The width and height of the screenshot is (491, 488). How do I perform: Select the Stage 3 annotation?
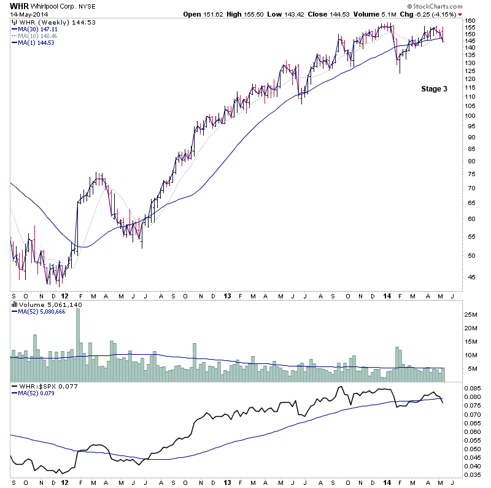tap(434, 89)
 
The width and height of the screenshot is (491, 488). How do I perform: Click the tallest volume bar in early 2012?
tap(78, 344)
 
